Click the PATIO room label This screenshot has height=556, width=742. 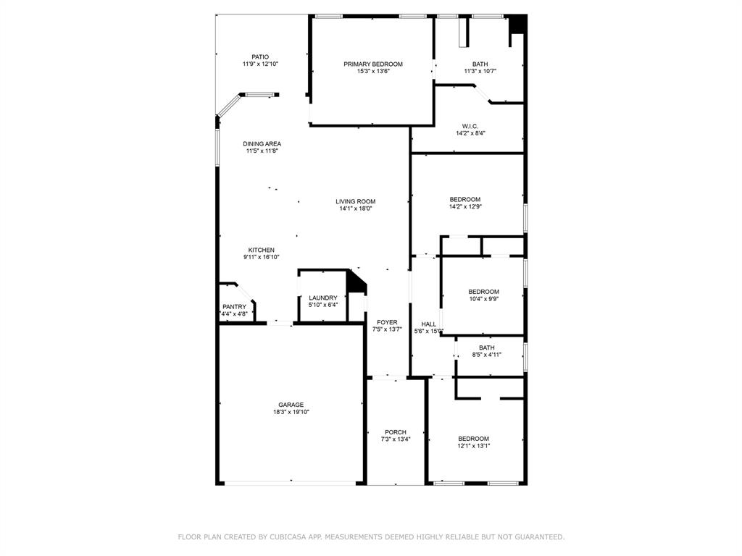coord(260,56)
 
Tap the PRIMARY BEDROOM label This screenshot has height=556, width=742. coord(373,64)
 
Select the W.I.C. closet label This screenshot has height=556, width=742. coord(470,126)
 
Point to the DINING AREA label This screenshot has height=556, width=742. coord(262,143)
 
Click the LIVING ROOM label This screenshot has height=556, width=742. coord(355,201)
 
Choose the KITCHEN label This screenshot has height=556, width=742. coord(261,250)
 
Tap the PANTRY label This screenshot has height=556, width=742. coord(234,307)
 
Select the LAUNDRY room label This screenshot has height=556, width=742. coord(322,298)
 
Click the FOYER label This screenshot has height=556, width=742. coord(386,322)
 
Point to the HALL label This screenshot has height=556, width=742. coord(428,324)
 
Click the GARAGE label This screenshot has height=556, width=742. coord(291,405)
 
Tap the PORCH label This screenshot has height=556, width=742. coord(395,432)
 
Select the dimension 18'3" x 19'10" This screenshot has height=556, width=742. coord(291,412)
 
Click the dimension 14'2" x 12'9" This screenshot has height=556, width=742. coord(464,206)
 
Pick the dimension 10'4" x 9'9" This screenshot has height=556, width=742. coord(483,298)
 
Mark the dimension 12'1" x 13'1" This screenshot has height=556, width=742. coord(473,446)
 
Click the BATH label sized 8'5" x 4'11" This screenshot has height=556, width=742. coord(486,347)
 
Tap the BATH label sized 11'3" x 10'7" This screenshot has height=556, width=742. coord(480,64)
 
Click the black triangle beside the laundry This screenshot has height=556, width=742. coord(356,282)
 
